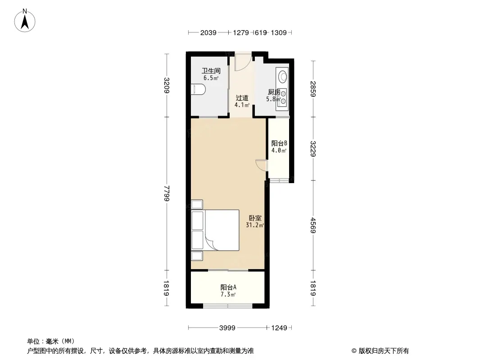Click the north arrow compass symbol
[x=25, y=21]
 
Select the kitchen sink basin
[x=282, y=76]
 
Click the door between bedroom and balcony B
[x=262, y=165]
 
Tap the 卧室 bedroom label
[x=255, y=218]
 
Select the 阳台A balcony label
[x=228, y=287]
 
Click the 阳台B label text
[x=279, y=143]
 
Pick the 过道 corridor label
[x=242, y=98]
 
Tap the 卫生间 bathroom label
[x=211, y=71]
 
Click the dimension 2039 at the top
[x=208, y=32]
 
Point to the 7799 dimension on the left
[x=167, y=193]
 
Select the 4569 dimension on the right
[x=313, y=225]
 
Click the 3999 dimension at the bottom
[x=227, y=328]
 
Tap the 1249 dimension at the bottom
[x=279, y=328]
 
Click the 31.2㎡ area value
[x=255, y=225]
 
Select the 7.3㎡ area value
[x=228, y=295]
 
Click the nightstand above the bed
[x=197, y=204]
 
